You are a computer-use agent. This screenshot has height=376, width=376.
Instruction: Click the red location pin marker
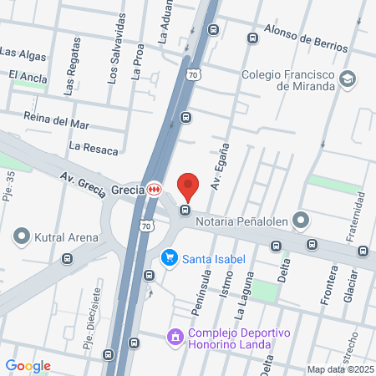[x=188, y=186]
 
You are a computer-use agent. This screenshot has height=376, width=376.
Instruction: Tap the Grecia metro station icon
[x=154, y=190]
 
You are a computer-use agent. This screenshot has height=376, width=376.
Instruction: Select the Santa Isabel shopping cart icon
[x=170, y=258]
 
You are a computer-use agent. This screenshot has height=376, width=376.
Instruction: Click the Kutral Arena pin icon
[x=23, y=237]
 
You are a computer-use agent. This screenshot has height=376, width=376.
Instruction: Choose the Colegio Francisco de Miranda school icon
[x=348, y=79]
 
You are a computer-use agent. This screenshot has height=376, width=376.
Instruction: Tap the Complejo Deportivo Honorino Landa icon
[x=175, y=337]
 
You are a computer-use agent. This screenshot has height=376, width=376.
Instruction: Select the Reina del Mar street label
[x=56, y=119]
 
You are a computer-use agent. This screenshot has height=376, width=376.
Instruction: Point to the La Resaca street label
[x=94, y=148]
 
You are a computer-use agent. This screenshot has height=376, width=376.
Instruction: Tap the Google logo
[x=28, y=366]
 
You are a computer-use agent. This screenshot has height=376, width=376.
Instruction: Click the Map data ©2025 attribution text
[x=340, y=369]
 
